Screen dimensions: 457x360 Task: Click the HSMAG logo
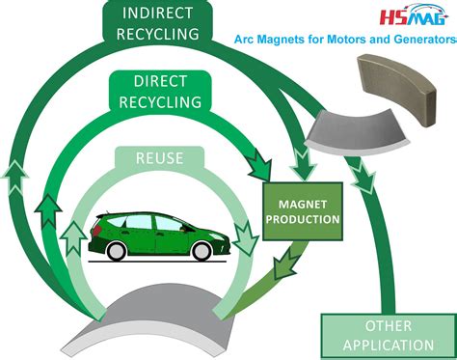(x=414, y=14)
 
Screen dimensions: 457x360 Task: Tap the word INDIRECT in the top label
(x=157, y=14)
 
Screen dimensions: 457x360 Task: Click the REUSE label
(x=159, y=158)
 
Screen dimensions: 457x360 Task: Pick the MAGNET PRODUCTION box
(x=303, y=211)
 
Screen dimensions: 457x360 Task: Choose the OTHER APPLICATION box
(x=389, y=336)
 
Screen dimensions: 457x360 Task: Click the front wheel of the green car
(x=202, y=251)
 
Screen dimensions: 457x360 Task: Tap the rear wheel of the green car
(x=117, y=250)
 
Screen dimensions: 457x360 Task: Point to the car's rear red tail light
(x=96, y=230)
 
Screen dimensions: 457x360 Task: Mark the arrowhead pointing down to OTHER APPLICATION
(x=363, y=177)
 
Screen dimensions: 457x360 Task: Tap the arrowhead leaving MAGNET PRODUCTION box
(x=286, y=263)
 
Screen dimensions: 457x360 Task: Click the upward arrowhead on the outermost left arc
(x=14, y=177)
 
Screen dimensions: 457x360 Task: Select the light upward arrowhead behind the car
(x=73, y=238)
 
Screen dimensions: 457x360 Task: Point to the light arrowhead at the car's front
(x=245, y=237)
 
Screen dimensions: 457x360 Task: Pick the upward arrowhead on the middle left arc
(x=48, y=210)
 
